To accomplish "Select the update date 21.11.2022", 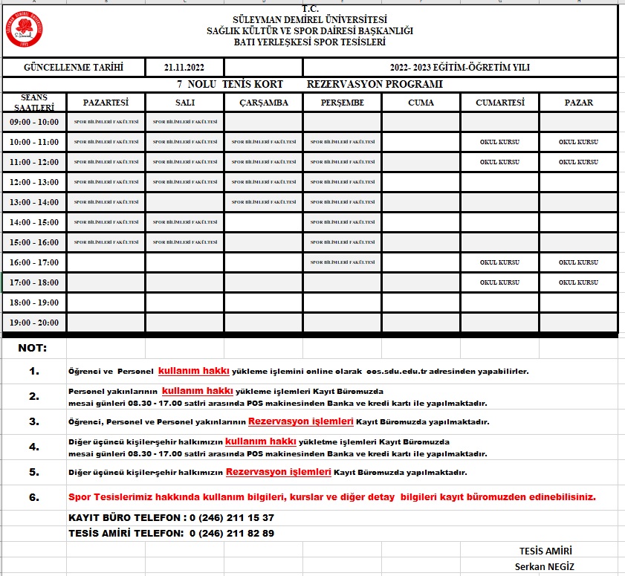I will (x=184, y=68).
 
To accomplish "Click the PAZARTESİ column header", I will (x=106, y=103).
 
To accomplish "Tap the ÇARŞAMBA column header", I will (x=263, y=103).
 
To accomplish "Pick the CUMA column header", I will (x=421, y=103).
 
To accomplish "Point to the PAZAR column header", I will (x=578, y=103).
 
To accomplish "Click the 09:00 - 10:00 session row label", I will (x=34, y=122).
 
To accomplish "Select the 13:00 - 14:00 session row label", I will (x=34, y=202).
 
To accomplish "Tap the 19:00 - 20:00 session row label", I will (x=34, y=323).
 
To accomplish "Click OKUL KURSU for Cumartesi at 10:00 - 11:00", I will (x=499, y=142).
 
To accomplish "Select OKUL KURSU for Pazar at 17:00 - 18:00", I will (x=578, y=282).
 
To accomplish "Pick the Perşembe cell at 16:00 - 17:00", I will (x=342, y=262).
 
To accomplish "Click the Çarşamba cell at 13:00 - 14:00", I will (x=263, y=202).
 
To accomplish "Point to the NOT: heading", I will (x=33, y=348).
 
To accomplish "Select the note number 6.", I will (x=34, y=496).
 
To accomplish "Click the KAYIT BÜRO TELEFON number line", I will (x=171, y=517).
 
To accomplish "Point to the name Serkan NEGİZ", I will (x=545, y=566).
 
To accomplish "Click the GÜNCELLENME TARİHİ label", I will (x=74, y=68).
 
